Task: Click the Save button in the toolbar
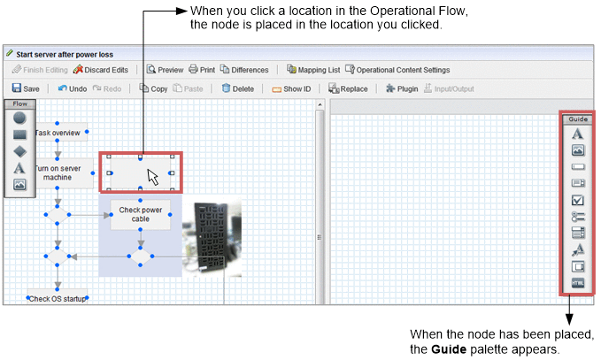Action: point(26,88)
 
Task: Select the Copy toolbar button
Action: point(153,88)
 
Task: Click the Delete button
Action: point(237,88)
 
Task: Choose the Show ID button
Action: point(291,88)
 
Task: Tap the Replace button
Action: point(348,88)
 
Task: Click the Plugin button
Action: point(402,88)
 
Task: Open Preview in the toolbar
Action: point(166,69)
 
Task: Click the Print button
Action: point(202,69)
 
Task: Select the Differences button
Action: point(244,69)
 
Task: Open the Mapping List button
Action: point(313,69)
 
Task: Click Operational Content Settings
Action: point(397,69)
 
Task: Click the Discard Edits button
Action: point(100,69)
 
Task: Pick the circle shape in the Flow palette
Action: point(19,118)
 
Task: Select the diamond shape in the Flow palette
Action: point(20,151)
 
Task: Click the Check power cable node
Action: point(140,214)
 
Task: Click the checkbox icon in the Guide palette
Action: point(578,200)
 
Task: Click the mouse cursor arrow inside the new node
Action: point(153,177)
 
